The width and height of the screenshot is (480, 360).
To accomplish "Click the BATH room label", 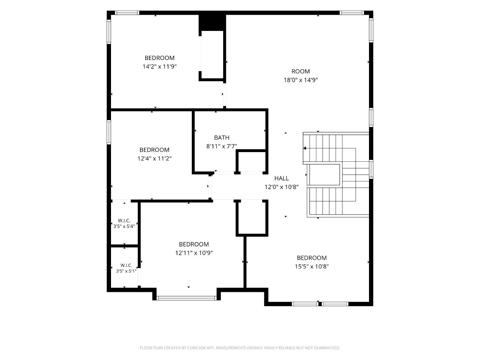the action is tap(221, 137).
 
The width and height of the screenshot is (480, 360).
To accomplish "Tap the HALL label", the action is tap(281, 178).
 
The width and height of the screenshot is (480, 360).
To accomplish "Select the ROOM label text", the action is tap(301, 71).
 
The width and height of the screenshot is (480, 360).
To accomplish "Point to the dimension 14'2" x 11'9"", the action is tap(159, 66).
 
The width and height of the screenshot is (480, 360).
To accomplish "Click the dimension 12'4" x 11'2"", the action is tap(154, 158).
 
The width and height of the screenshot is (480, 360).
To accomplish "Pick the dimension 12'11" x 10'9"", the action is tap(194, 253).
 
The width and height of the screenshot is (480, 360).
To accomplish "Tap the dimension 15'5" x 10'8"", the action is tap(312, 266).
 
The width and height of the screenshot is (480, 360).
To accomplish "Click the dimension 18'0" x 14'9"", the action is tap(301, 80).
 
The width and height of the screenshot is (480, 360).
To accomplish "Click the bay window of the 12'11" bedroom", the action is tap(187, 298).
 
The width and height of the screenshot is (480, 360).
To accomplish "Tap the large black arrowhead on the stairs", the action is tap(304, 148).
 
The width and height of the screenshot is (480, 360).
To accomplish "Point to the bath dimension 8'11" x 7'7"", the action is tap(221, 146).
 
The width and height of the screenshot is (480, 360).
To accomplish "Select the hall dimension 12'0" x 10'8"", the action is tap(281, 187).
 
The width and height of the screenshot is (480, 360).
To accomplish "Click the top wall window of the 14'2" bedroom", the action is tap(127, 13).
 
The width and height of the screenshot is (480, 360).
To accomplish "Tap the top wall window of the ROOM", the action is tap(352, 13).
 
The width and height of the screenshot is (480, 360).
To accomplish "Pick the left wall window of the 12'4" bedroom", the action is tap(109, 132).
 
